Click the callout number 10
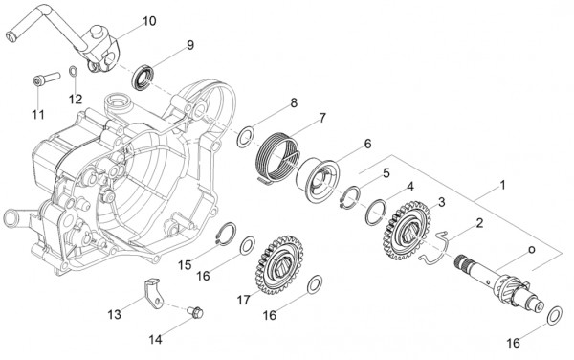(148, 20)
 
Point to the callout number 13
(114, 313)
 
